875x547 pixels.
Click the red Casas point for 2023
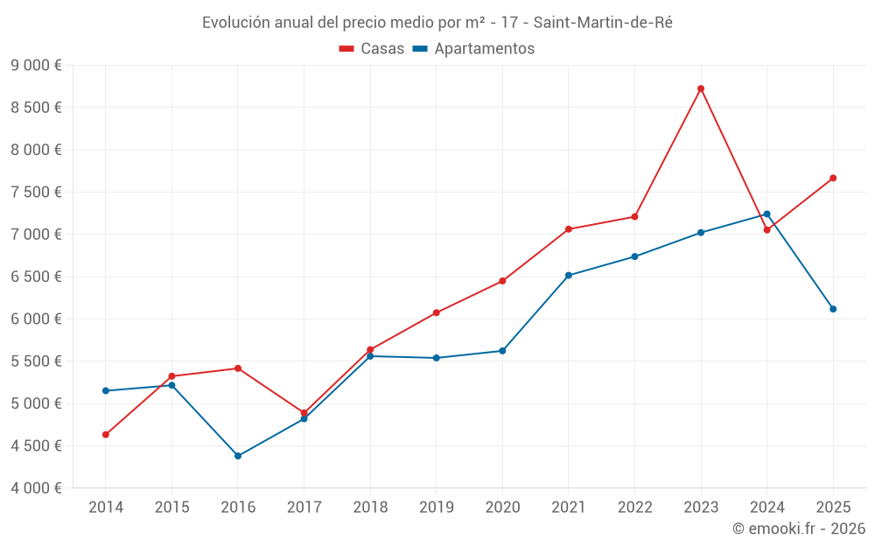[701, 88]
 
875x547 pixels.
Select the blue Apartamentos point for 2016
[238, 456]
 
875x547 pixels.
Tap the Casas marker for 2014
[106, 435]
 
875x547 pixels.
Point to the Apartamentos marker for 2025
[833, 309]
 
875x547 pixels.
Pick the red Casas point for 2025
[833, 178]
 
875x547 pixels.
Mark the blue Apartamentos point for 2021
[569, 276]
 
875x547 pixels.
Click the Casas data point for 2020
[502, 281]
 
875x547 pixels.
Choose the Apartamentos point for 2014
[106, 391]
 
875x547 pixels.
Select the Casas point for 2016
[238, 368]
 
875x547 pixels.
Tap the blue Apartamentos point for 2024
[767, 214]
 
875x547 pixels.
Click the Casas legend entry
[372, 49]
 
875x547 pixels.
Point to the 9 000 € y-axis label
[36, 66]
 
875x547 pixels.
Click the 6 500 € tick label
[36, 277]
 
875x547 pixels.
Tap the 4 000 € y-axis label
[36, 488]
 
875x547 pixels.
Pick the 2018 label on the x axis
[370, 508]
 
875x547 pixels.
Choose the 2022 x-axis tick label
[634, 508]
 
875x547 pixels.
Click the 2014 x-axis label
[106, 508]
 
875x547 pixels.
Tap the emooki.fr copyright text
[799, 529]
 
